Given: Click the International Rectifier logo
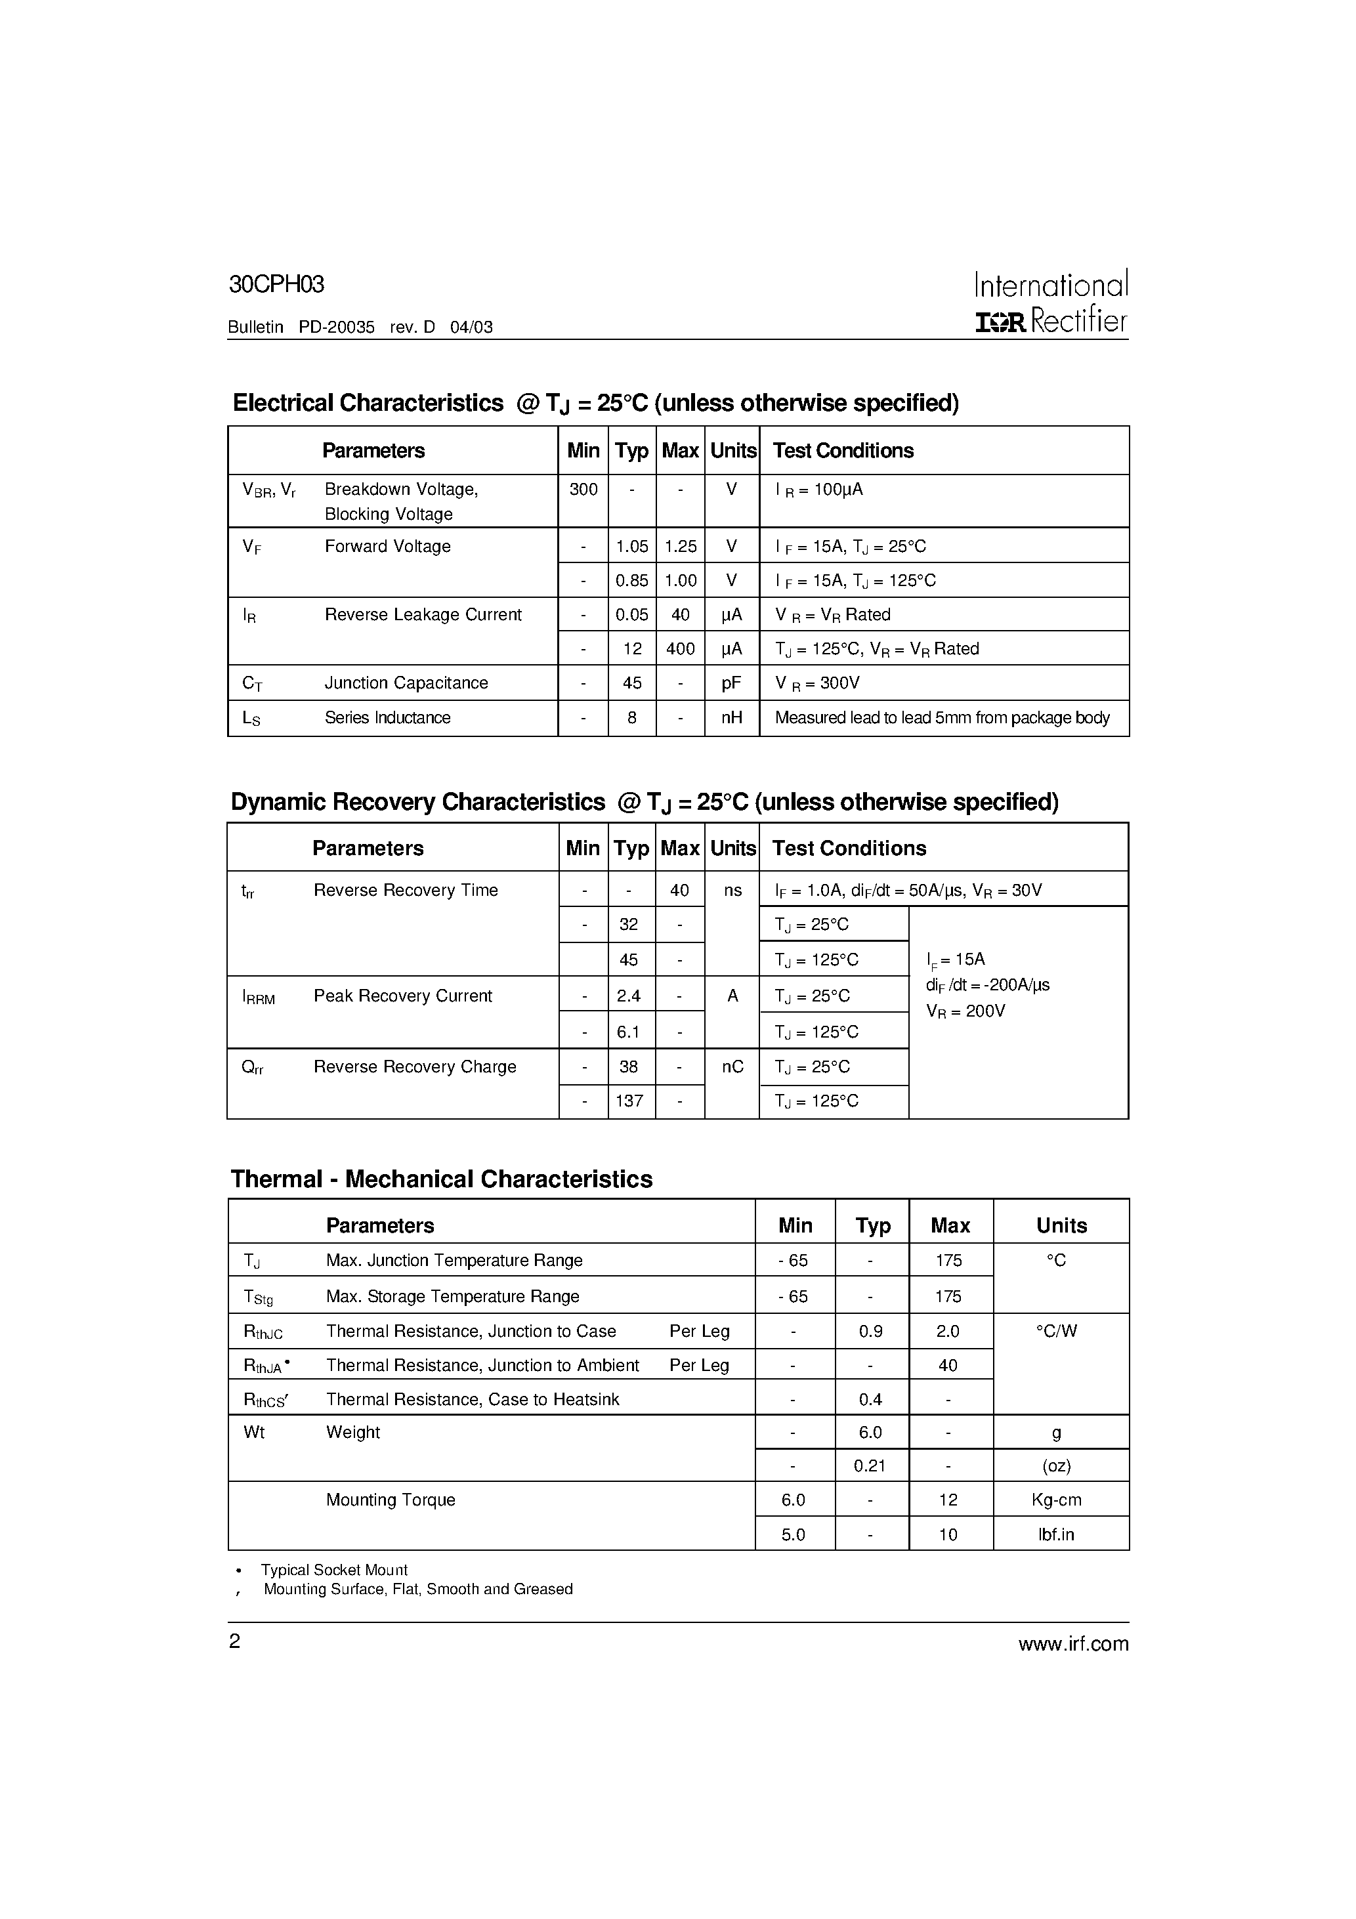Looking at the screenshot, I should coord(1051,303).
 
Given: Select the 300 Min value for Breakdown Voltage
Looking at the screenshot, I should coord(583,490).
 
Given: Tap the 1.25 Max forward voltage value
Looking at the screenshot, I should coord(681,547).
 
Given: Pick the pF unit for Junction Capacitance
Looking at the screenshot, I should coord(732,683).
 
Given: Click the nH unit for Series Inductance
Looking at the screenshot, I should coord(732,718).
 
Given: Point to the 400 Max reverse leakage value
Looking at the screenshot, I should coord(681,648).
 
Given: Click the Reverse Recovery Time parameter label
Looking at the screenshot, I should coord(406,890).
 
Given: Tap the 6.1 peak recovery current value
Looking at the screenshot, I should coord(629,1032).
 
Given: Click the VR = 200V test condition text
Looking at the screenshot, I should coord(965,1011).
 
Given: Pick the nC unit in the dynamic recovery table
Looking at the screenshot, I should coord(732,1067).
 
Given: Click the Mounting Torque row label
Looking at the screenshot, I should coord(391,1500).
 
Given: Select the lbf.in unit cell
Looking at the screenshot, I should coord(1056,1534).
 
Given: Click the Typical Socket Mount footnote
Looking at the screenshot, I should coord(333,1571).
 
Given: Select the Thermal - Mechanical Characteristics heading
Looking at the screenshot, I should coord(442,1179).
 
